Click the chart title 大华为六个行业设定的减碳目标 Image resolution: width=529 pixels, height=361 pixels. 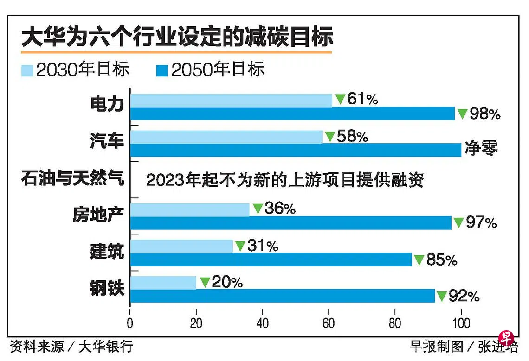click(177, 37)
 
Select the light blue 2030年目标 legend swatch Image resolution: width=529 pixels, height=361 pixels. click(27, 70)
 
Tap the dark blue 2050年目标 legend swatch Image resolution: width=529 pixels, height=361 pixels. click(162, 70)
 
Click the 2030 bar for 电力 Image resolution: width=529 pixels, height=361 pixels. click(231, 100)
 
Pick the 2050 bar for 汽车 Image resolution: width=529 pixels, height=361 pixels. click(296, 150)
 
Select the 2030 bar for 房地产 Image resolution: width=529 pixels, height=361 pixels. click(189, 209)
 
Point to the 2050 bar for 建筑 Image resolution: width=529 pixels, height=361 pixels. click(271, 260)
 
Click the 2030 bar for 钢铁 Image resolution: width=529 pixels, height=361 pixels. click(163, 282)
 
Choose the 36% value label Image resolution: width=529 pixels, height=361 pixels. click(280, 209)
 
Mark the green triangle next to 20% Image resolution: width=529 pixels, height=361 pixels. click(205, 282)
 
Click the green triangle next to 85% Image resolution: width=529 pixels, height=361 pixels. click(419, 260)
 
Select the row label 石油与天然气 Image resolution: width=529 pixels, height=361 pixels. click(73, 178)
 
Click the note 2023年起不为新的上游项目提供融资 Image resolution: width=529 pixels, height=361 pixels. click(284, 180)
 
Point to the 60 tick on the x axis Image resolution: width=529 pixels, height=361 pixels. click(329, 323)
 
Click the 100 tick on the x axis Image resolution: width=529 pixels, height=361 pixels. click(461, 323)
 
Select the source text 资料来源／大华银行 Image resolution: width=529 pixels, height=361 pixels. click(71, 346)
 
